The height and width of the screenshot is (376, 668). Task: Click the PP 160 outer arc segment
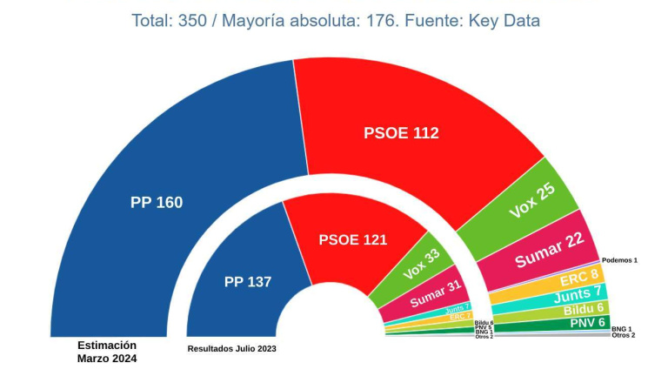click(x=157, y=202)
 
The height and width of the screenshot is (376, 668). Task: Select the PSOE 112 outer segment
click(x=401, y=133)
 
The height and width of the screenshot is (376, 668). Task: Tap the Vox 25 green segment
click(x=532, y=201)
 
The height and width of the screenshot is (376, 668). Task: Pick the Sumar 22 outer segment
click(x=549, y=252)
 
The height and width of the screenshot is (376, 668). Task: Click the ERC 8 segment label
click(x=579, y=279)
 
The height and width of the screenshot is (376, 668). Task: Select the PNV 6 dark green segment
click(x=587, y=322)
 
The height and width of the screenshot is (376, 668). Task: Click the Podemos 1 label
click(x=619, y=260)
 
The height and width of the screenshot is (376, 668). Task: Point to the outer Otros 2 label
click(x=623, y=335)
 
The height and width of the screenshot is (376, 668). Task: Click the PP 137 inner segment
click(x=248, y=282)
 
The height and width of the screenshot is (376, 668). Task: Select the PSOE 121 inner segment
click(x=352, y=239)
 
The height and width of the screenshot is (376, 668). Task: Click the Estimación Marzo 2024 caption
click(x=107, y=351)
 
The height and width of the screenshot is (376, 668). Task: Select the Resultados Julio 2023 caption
click(x=232, y=349)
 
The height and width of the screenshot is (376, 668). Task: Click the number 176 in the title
click(x=363, y=20)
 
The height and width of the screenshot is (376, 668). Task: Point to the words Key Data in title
click(x=504, y=20)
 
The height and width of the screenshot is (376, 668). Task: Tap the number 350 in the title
click(x=193, y=20)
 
